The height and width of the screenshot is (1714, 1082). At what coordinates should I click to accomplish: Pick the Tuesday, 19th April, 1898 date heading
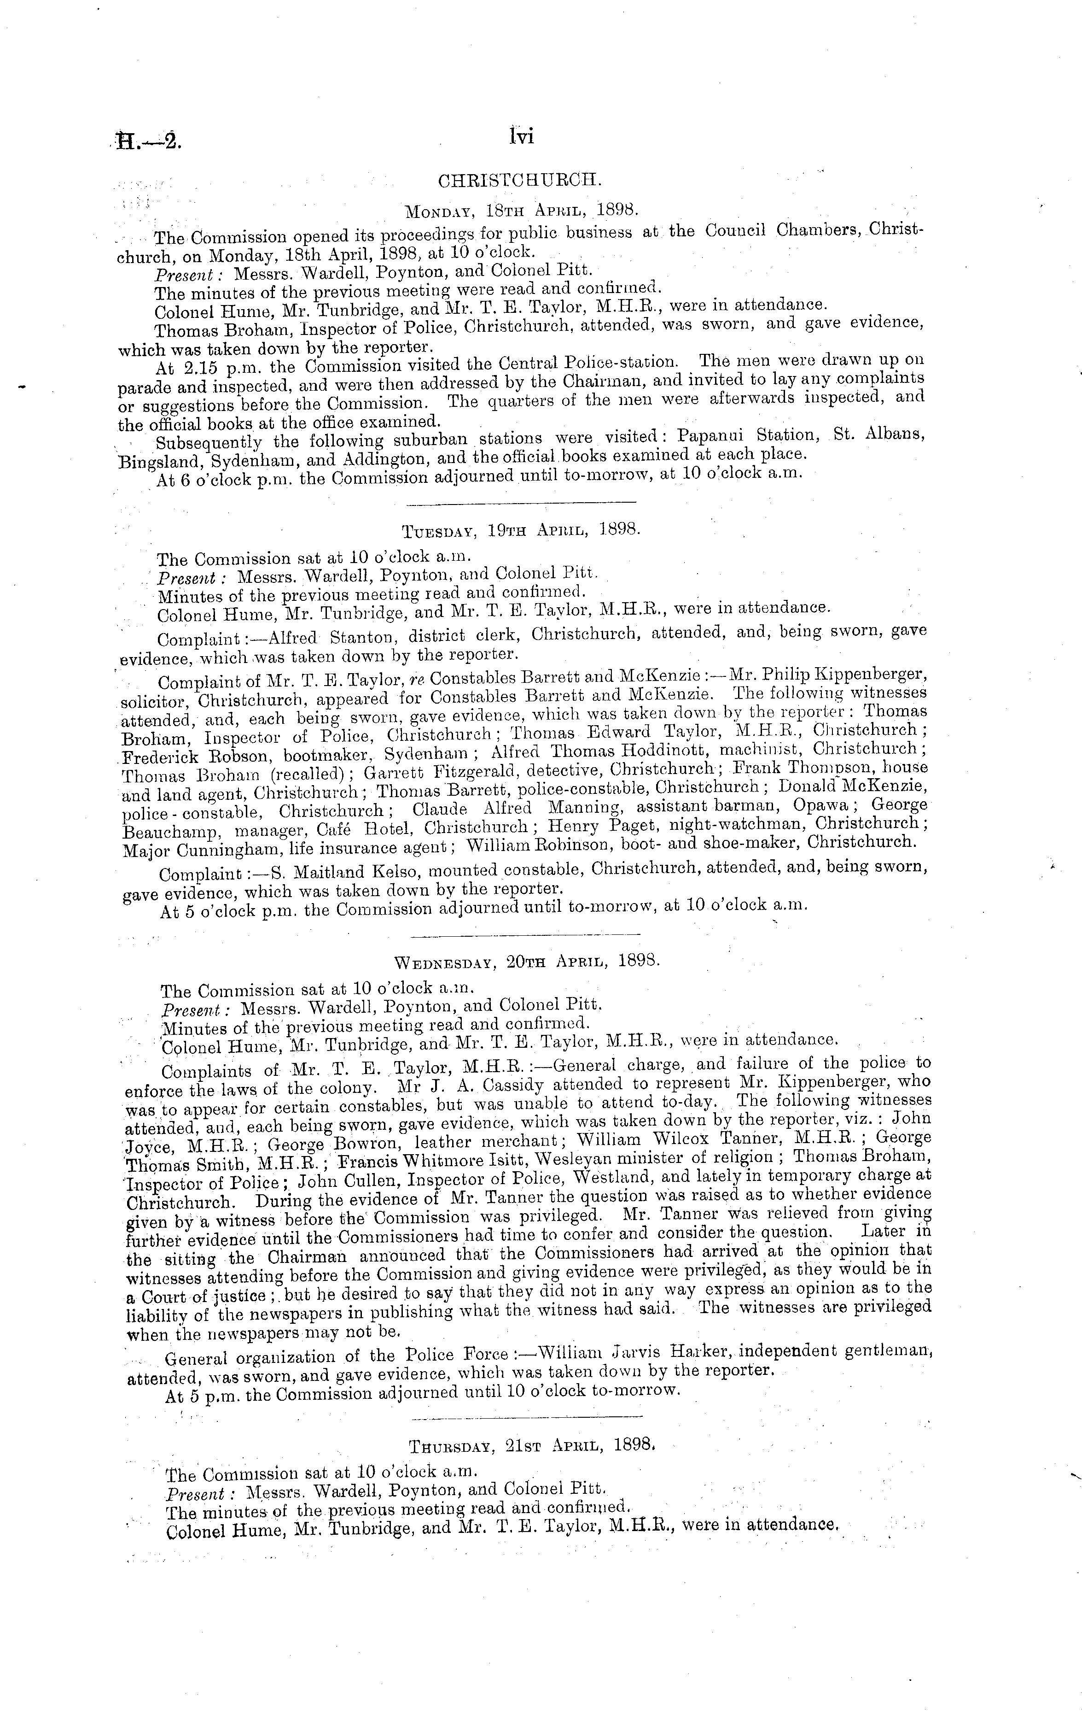[522, 530]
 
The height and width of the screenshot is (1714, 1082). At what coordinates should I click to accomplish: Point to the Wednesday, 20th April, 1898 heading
[527, 961]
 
